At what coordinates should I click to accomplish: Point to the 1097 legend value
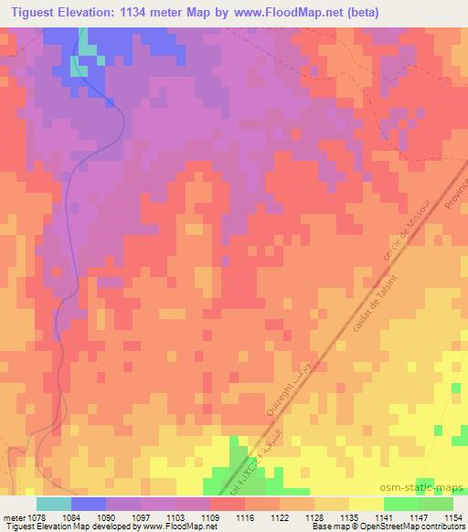pos(130,516)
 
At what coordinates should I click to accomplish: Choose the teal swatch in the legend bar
pos(54,504)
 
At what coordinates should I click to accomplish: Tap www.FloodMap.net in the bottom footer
pos(175,527)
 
